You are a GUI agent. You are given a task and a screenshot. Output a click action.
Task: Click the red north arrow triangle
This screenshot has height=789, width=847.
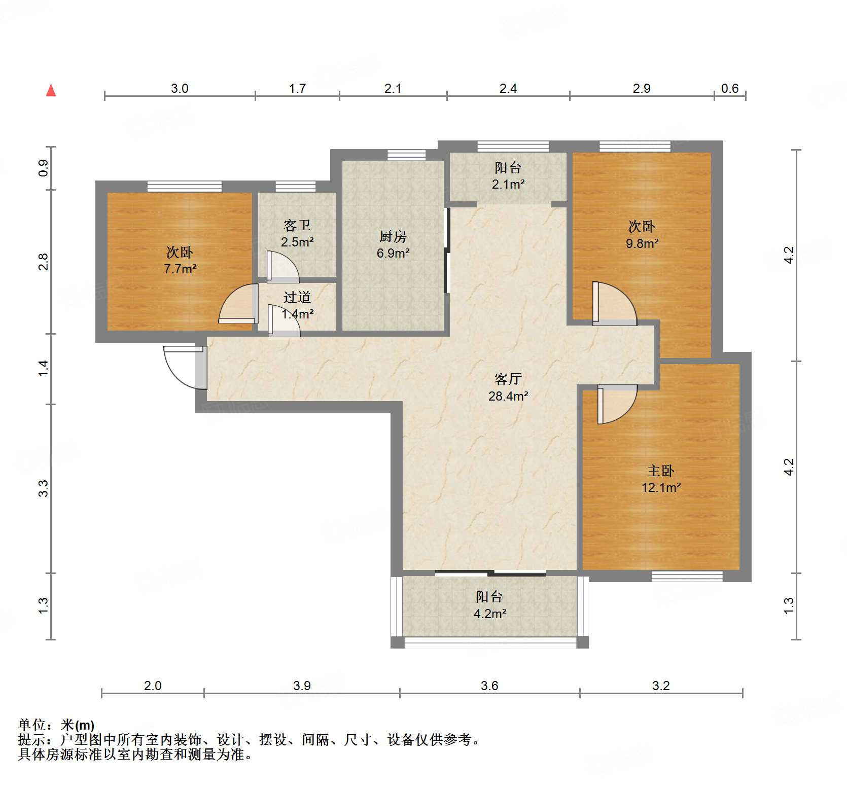(51, 91)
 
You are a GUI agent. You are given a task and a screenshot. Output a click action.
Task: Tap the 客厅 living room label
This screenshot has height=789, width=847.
(508, 379)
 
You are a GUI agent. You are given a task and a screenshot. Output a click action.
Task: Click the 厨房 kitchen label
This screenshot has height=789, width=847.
(393, 237)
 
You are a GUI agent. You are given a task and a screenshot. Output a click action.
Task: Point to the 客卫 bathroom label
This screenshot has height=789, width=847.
(297, 226)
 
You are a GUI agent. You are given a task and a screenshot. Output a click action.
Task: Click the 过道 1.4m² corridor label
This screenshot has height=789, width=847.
(297, 305)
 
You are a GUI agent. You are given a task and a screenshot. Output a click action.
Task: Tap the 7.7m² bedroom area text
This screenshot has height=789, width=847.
(180, 269)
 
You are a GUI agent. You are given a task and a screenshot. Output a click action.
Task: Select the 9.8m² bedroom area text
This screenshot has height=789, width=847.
(642, 243)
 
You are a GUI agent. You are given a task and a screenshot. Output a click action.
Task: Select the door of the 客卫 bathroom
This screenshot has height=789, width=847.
(283, 266)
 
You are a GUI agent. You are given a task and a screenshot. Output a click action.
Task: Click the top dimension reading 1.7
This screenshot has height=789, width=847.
(297, 89)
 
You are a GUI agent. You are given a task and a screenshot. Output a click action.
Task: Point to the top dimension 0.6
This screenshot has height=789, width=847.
(729, 89)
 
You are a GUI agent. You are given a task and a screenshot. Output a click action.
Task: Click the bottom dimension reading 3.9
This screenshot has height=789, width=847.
(302, 686)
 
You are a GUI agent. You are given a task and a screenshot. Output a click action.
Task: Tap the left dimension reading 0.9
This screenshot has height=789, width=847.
(44, 168)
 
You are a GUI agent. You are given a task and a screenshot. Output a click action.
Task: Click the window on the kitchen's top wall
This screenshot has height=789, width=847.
(406, 155)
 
